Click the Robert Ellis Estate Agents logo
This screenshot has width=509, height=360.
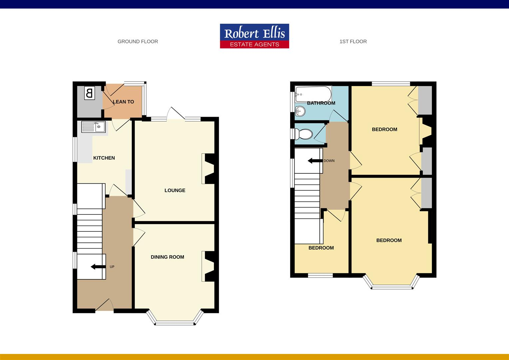(254, 36)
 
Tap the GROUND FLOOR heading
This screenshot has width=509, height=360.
(138, 42)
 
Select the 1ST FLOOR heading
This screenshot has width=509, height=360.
(353, 42)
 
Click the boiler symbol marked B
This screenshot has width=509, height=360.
(89, 93)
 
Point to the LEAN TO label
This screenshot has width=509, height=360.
(123, 102)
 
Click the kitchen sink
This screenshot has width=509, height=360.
(94, 127)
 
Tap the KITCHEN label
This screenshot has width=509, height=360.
(104, 158)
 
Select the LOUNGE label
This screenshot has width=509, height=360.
(175, 190)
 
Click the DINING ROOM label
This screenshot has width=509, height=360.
(167, 257)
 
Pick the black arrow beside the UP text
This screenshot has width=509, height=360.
(97, 267)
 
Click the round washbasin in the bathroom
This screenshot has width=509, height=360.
(300, 110)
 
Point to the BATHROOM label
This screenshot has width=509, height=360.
(321, 103)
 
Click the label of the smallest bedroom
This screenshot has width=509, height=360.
(321, 248)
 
